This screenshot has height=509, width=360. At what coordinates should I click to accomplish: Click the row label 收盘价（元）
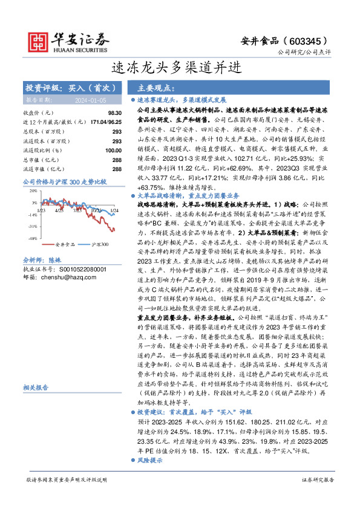tap(38, 113)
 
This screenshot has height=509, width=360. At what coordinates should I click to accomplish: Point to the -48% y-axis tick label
tap(31, 239)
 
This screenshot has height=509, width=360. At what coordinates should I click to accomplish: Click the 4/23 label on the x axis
tap(59, 211)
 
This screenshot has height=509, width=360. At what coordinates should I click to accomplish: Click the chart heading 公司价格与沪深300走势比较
tap(64, 181)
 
